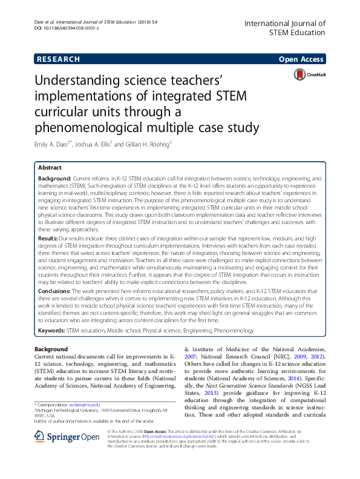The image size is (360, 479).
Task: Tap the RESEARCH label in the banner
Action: coord(58,59)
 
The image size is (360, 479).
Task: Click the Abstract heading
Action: coord(50,167)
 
